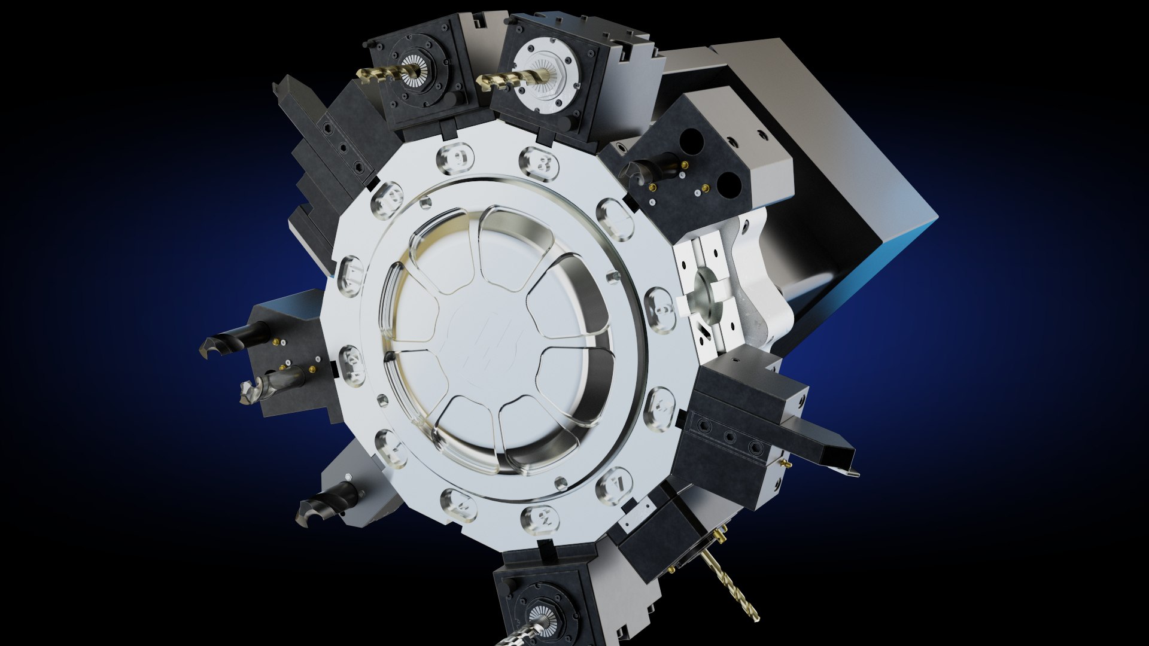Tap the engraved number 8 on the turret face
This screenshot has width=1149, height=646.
click(540, 161)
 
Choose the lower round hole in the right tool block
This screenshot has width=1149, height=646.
click(730, 182)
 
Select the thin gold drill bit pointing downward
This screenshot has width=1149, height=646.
click(733, 587)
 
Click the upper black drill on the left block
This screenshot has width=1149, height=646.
click(230, 341)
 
